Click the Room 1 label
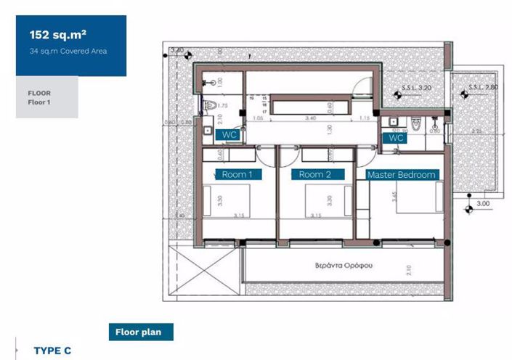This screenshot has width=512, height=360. (237, 174)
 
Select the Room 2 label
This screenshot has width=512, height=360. (315, 174)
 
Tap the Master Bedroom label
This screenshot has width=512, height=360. (402, 174)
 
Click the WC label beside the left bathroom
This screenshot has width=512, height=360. (229, 135)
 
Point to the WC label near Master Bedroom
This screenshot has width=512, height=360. (396, 137)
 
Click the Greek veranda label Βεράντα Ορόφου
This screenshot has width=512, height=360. (345, 266)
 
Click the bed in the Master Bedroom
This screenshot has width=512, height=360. (420, 196)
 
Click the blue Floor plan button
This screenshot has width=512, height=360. (140, 332)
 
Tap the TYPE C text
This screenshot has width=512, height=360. (52, 351)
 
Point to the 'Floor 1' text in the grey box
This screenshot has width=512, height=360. (38, 103)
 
